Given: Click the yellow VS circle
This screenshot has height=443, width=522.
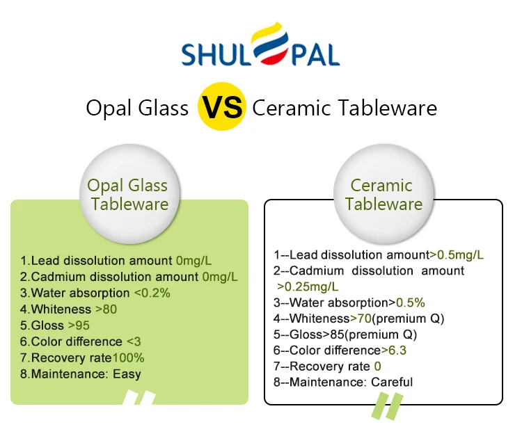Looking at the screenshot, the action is pyautogui.click(x=222, y=106).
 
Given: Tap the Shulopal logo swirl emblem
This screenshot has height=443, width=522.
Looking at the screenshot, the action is pyautogui.click(x=270, y=43).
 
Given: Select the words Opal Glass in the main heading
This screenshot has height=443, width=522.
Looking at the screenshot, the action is pyautogui.click(x=137, y=108).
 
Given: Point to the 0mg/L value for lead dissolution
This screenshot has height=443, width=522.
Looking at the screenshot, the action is pyautogui.click(x=193, y=260).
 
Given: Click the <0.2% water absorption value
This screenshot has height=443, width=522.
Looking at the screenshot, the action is pyautogui.click(x=152, y=293).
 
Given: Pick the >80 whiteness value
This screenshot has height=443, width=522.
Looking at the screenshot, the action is pyautogui.click(x=106, y=309).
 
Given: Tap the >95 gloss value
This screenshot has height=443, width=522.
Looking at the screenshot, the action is pyautogui.click(x=79, y=325).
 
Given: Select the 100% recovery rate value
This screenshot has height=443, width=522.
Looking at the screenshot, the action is pyautogui.click(x=128, y=358).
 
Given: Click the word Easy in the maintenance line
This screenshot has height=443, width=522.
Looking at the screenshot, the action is pyautogui.click(x=127, y=374).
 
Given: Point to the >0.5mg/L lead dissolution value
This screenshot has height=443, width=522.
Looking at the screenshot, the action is pyautogui.click(x=457, y=255).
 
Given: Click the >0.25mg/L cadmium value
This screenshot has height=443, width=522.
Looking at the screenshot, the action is pyautogui.click(x=308, y=287).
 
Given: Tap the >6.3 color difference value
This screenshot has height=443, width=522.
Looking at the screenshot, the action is pyautogui.click(x=394, y=351).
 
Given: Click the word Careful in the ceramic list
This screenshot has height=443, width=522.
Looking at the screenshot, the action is pyautogui.click(x=392, y=382).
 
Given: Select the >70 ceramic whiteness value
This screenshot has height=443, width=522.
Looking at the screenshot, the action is pyautogui.click(x=361, y=319).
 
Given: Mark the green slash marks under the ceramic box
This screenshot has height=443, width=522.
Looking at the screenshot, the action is pyautogui.click(x=388, y=406).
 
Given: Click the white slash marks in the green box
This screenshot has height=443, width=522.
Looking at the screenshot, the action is pyautogui.click(x=139, y=397).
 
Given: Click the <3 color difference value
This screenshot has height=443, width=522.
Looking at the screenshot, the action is pyautogui.click(x=134, y=341).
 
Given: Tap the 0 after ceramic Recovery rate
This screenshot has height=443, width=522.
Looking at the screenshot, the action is pyautogui.click(x=377, y=367).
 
